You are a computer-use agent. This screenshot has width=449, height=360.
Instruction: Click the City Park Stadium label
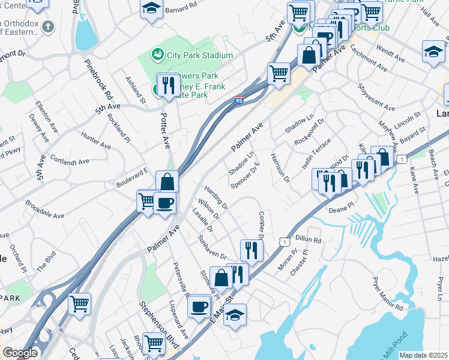tap(199, 55)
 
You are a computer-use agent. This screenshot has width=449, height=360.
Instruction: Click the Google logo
tap(20, 353)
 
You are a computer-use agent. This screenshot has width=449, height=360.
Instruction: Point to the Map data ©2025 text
tap(423, 355)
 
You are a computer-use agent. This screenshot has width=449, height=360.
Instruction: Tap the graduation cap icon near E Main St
tap(235, 314)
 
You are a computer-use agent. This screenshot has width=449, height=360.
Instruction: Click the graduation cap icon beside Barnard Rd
tap(152, 8)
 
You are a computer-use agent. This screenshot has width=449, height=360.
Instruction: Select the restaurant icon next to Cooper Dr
tap(251, 250)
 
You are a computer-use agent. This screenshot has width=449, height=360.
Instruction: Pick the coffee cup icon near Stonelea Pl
tap(199, 306)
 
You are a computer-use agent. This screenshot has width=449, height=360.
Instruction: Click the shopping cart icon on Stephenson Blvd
tap(154, 343)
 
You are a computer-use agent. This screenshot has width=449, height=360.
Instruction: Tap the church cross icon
tap(49, 28)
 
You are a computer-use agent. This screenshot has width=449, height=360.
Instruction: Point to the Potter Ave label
tap(166, 130)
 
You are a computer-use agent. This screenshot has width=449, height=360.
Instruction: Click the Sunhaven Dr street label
tap(212, 247)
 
